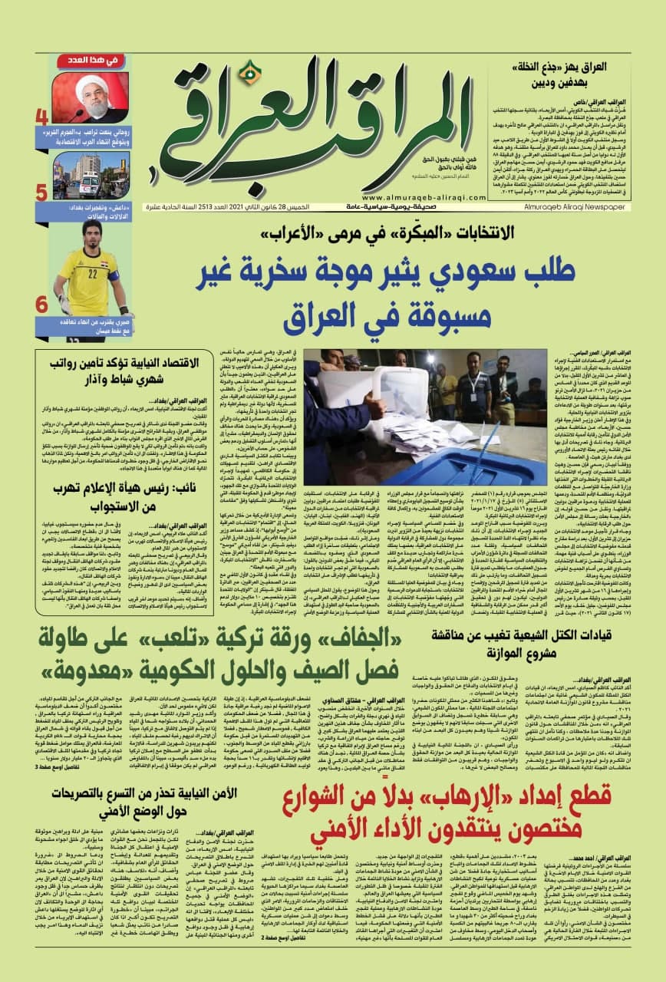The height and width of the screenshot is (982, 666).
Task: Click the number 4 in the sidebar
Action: tap(42, 118)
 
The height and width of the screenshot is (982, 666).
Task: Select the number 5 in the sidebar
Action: tap(42, 192)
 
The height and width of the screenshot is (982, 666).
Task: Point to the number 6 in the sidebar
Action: tap(42, 303)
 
